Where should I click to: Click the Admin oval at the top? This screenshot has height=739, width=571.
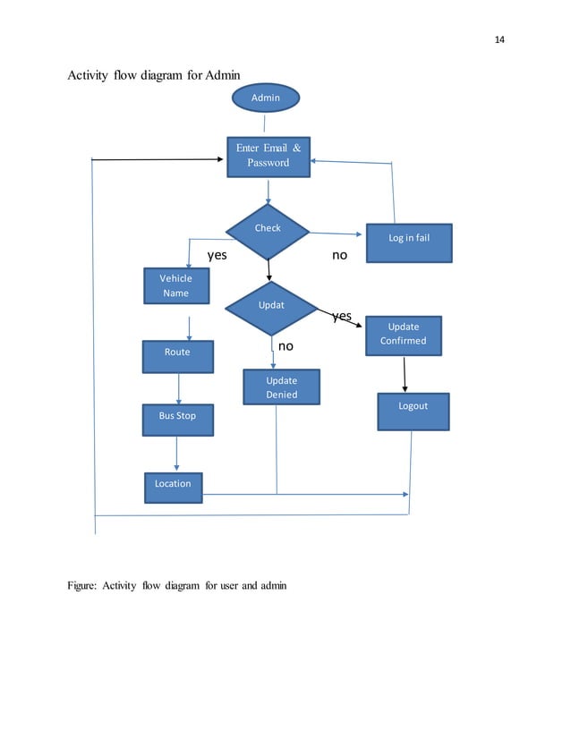[x=266, y=98]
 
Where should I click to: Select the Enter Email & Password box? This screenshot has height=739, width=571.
[x=268, y=156]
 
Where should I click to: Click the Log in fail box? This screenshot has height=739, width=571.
[x=409, y=240]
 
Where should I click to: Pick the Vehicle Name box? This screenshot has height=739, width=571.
[x=176, y=286]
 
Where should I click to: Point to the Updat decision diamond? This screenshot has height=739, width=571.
[x=270, y=306]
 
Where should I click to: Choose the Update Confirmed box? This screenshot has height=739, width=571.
[x=403, y=333]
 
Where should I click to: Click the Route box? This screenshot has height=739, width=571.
[x=178, y=353]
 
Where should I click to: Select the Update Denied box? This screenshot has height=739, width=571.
[x=281, y=387]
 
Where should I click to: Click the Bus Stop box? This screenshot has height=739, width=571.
[x=179, y=417]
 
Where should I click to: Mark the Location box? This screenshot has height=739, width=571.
[x=173, y=485]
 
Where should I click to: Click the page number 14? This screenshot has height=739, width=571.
[x=499, y=39]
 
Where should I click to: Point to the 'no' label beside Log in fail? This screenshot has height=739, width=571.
[x=339, y=255]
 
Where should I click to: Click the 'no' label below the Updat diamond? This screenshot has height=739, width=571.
[x=285, y=345]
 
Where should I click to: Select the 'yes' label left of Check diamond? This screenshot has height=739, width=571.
[x=217, y=255]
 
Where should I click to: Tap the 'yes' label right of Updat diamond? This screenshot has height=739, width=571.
[x=341, y=316]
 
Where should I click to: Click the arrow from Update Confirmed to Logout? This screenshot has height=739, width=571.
[x=405, y=374]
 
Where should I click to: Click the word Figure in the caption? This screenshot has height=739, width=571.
[x=83, y=586]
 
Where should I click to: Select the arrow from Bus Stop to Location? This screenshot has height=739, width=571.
[x=176, y=454]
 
